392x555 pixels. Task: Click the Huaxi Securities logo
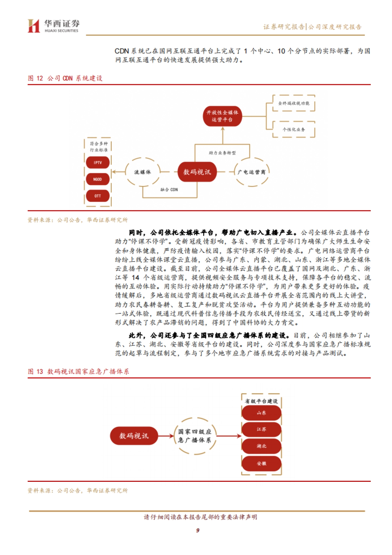(53, 26)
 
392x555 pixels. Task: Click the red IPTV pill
(98, 162)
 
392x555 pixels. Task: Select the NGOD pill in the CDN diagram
(98, 179)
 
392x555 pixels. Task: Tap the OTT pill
(98, 196)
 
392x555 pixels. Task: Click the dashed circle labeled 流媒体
(143, 172)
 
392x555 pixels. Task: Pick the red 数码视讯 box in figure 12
(197, 172)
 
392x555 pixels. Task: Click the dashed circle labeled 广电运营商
(252, 172)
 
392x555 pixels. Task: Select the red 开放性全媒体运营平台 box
(222, 116)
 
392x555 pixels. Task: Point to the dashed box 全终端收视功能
(293, 103)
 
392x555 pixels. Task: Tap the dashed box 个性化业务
(293, 129)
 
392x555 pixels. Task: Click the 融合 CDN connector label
(169, 190)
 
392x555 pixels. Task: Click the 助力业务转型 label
(222, 153)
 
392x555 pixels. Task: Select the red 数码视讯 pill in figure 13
(134, 436)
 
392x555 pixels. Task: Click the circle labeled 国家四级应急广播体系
(195, 436)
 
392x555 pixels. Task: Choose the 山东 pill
(261, 413)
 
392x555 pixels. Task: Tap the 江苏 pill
(261, 429)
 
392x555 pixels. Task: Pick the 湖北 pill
(261, 446)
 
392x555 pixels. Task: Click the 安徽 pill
(261, 463)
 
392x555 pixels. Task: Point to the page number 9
(198, 530)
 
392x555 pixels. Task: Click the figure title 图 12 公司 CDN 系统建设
(65, 78)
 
